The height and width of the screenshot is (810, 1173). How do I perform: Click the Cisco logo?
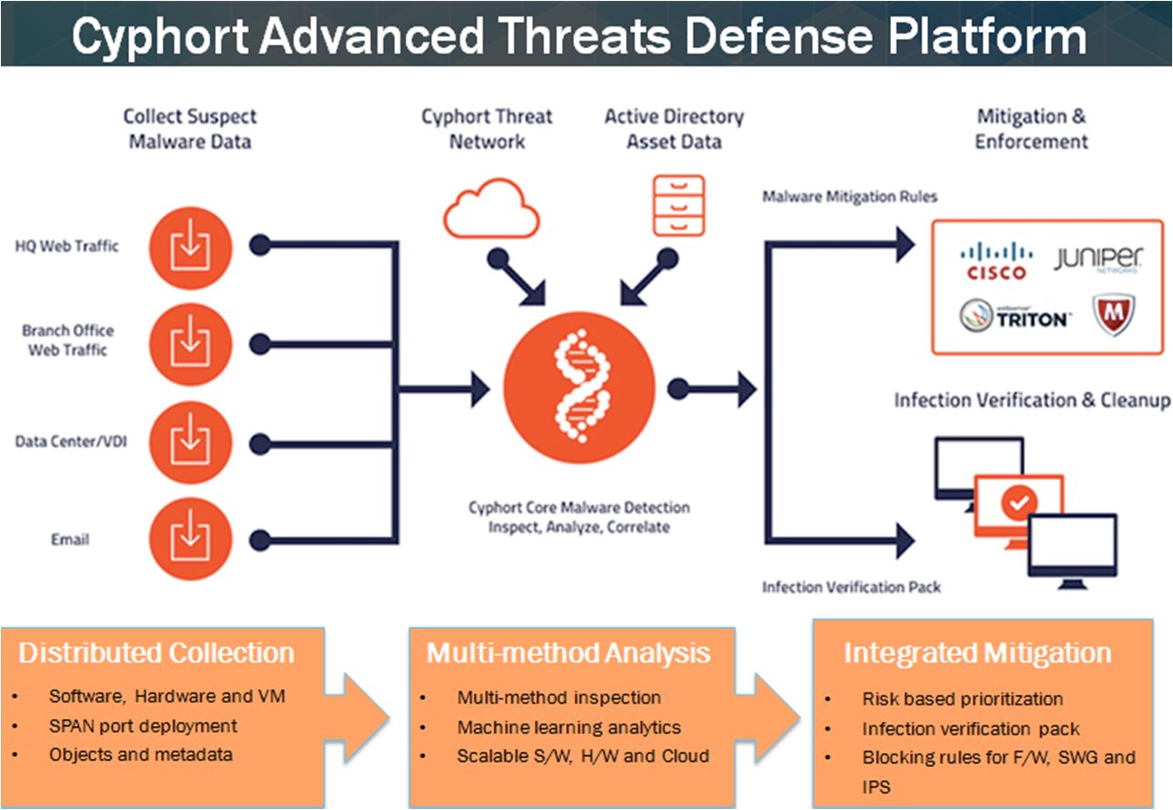click(996, 261)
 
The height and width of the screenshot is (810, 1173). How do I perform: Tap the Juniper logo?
click(1098, 258)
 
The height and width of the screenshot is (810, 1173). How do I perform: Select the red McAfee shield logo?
click(1114, 314)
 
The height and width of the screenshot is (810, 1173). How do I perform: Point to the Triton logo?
click(1016, 316)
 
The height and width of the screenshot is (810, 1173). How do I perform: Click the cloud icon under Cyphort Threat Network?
click(491, 208)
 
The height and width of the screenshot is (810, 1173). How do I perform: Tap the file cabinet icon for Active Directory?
click(679, 206)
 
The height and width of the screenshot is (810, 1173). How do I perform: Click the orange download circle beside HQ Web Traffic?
click(190, 248)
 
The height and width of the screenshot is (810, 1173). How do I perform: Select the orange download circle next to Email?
click(190, 539)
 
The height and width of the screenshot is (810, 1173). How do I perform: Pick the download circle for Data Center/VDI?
click(190, 442)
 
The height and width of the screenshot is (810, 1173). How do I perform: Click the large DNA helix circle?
click(579, 388)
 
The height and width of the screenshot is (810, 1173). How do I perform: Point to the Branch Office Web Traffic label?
click(68, 340)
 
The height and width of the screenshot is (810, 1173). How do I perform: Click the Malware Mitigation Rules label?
click(849, 197)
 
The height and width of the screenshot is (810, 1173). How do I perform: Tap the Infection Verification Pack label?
click(852, 587)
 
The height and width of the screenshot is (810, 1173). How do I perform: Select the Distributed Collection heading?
click(157, 653)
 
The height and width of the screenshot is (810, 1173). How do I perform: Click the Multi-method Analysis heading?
click(568, 653)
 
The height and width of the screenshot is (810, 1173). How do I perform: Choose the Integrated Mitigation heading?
click(977, 653)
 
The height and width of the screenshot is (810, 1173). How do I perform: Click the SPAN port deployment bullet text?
click(143, 726)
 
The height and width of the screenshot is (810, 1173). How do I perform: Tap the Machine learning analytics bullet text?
click(569, 727)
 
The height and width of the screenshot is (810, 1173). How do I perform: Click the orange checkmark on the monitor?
click(1019, 502)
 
